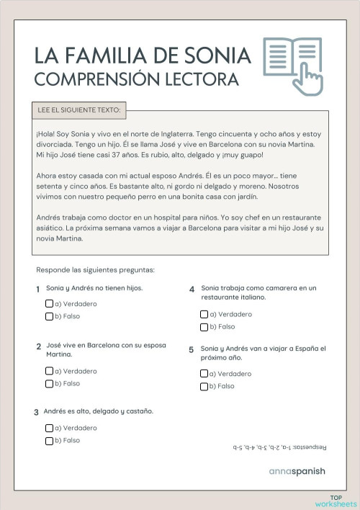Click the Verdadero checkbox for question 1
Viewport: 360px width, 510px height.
pos(50,304)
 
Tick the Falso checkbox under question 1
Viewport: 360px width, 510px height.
pos(50,316)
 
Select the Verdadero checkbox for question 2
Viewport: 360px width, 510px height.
pos(50,371)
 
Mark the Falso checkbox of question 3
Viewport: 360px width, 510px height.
pos(50,439)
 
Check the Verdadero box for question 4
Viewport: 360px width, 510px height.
pos(204,314)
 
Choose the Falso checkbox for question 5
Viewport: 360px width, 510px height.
pos(204,386)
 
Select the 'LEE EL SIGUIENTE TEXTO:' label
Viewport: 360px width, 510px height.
pos(79,111)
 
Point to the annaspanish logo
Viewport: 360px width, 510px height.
pos(297,473)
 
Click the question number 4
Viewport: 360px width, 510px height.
pos(192,289)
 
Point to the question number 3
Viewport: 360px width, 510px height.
pos(37,413)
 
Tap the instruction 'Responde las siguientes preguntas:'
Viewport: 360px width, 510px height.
pos(96,270)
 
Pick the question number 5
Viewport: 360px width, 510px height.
pos(192,349)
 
